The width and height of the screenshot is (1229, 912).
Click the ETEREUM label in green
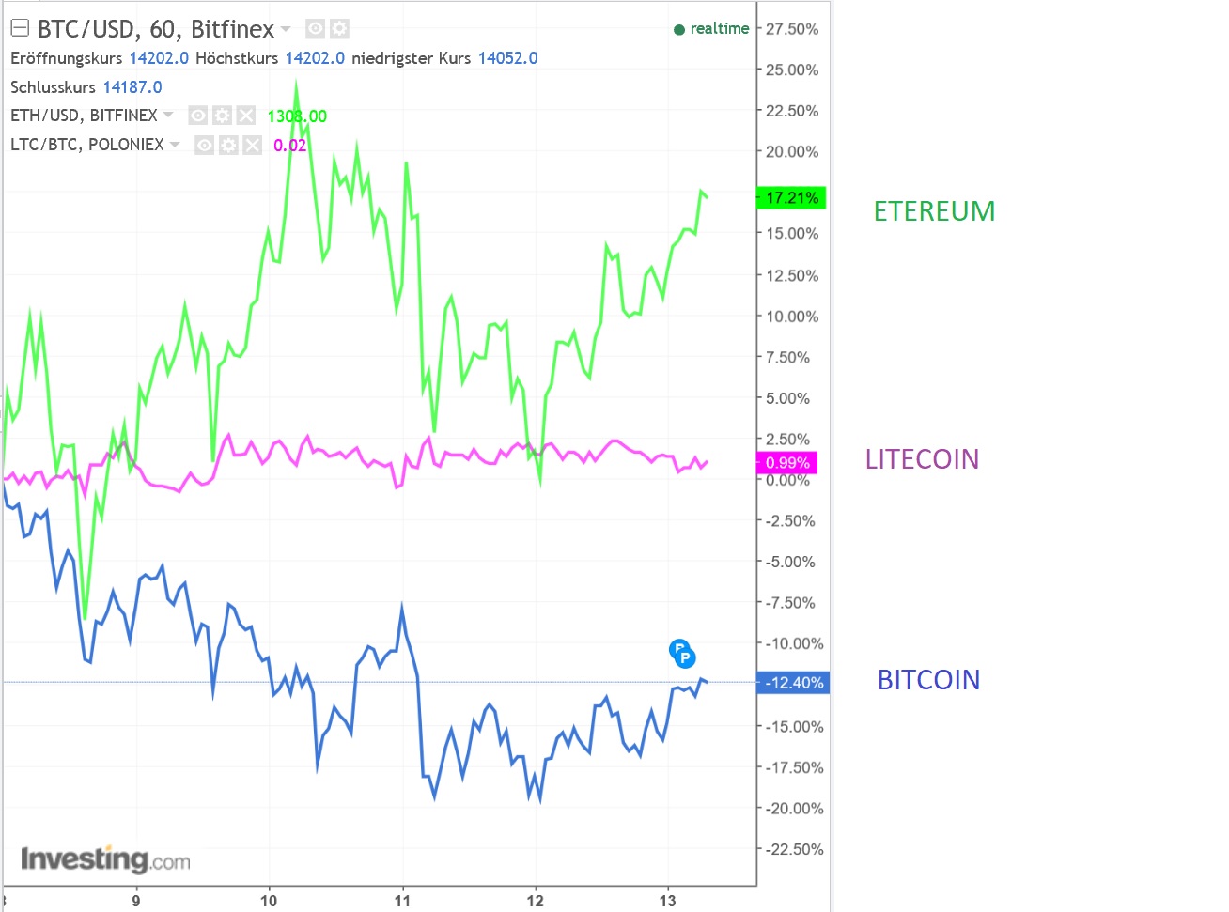click(934, 211)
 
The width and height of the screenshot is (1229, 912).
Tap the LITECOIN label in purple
click(922, 459)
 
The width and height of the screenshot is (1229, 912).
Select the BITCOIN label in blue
click(928, 680)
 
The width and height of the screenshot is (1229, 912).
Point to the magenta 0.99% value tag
click(786, 463)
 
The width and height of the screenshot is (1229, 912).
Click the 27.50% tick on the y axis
click(791, 29)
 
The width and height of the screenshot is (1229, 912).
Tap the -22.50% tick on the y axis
click(794, 849)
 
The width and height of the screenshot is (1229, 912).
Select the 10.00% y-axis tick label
click(791, 317)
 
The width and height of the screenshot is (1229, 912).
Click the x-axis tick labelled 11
click(402, 901)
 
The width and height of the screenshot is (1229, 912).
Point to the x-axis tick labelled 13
click(667, 901)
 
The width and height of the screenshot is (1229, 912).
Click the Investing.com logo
click(105, 859)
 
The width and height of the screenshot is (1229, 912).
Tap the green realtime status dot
click(679, 30)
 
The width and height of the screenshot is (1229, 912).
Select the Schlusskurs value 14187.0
click(132, 87)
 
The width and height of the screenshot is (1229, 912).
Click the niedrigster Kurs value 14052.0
click(507, 58)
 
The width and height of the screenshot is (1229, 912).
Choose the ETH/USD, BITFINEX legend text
click(84, 116)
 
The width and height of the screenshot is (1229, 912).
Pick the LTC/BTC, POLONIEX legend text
click(87, 145)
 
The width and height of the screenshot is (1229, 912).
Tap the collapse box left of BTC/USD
click(20, 29)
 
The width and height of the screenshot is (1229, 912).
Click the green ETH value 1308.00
click(297, 116)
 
